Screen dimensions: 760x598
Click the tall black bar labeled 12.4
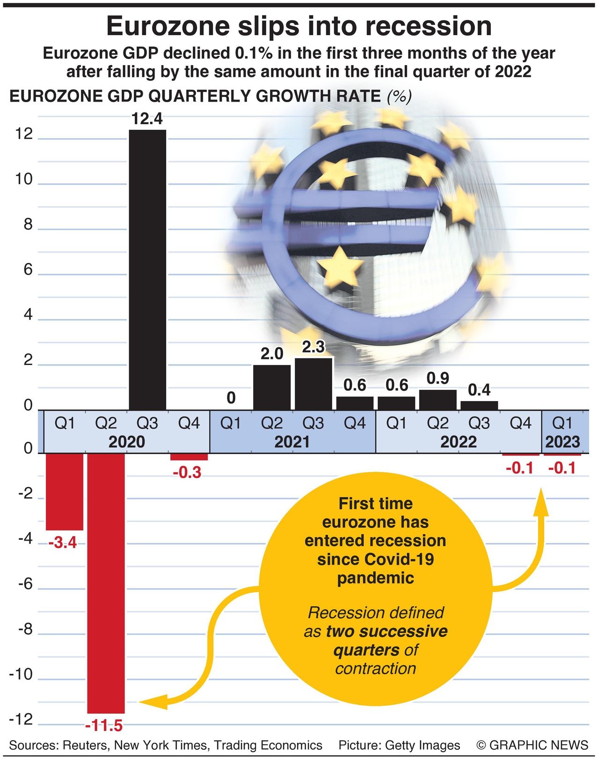pos(147,269)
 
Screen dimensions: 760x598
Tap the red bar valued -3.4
pos(65,492)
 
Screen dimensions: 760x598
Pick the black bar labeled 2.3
pos(314,384)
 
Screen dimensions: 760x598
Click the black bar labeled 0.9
pos(438,400)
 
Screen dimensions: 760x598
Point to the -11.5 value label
pos(104,726)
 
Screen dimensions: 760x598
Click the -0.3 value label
pos(187,472)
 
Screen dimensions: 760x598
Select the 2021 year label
pos(292,442)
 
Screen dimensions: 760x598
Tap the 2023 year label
pos(562,442)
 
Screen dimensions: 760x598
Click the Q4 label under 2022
pos(520,423)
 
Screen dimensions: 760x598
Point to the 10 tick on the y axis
pos(24,179)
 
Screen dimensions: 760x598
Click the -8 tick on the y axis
pos(25,629)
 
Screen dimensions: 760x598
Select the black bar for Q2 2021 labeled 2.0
pos(272,387)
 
